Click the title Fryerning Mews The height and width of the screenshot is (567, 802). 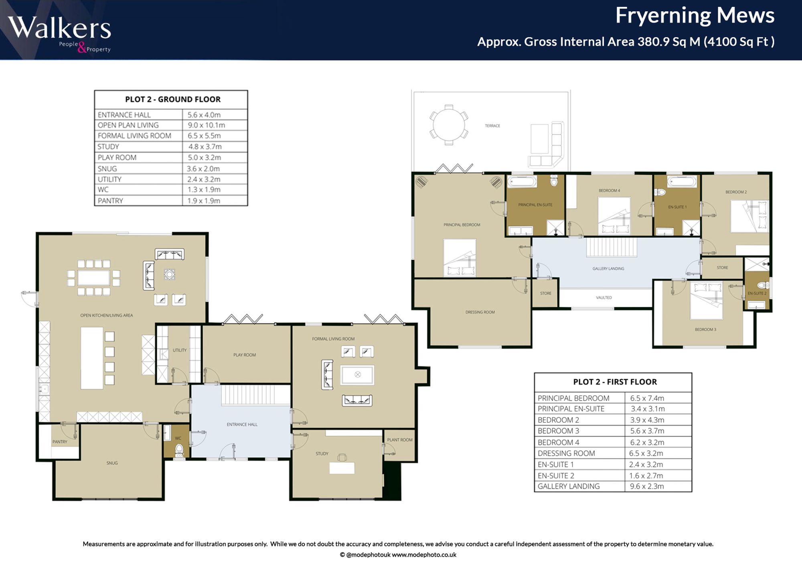[695, 16]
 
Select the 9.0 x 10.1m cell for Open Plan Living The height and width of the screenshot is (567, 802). [207, 125]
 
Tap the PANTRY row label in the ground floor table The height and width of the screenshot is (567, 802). [110, 200]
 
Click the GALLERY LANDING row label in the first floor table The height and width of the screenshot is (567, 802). [569, 486]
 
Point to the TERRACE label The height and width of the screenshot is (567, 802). [492, 126]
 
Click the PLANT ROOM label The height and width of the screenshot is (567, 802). [400, 440]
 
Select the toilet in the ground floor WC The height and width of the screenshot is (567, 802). [179, 450]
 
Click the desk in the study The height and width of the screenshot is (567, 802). [342, 468]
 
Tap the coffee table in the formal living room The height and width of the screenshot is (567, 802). [357, 375]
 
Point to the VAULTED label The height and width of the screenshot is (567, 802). [604, 298]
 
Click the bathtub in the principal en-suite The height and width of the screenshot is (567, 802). [522, 182]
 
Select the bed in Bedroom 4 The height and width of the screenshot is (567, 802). [614, 216]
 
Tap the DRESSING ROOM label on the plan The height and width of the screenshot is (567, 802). [480, 312]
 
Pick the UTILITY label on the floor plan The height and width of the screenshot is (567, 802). [180, 350]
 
